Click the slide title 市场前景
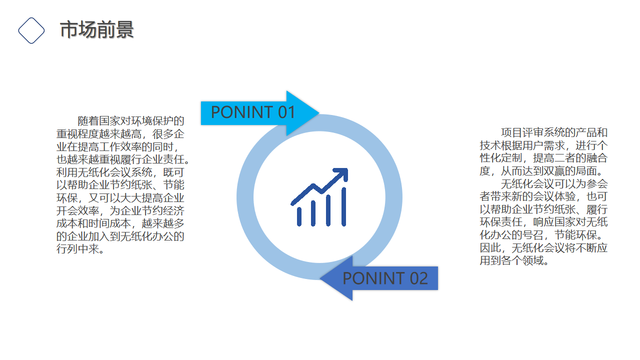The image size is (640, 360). click(x=97, y=29)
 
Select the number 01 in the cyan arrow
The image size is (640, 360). click(x=286, y=112)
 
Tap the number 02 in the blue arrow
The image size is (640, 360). click(x=419, y=278)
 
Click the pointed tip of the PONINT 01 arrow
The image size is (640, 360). click(x=319, y=113)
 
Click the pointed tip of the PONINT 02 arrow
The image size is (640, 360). click(x=320, y=278)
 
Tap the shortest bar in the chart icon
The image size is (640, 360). click(x=299, y=216)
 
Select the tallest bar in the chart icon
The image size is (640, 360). click(x=343, y=206)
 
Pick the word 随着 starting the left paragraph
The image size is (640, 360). click(x=88, y=121)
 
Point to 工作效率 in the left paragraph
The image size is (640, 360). click(x=120, y=147)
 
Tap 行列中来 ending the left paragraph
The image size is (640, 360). click(x=77, y=249)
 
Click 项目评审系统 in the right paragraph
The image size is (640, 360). click(x=533, y=132)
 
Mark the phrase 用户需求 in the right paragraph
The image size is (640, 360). click(x=543, y=145)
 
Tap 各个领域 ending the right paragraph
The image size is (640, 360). click(x=522, y=260)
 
